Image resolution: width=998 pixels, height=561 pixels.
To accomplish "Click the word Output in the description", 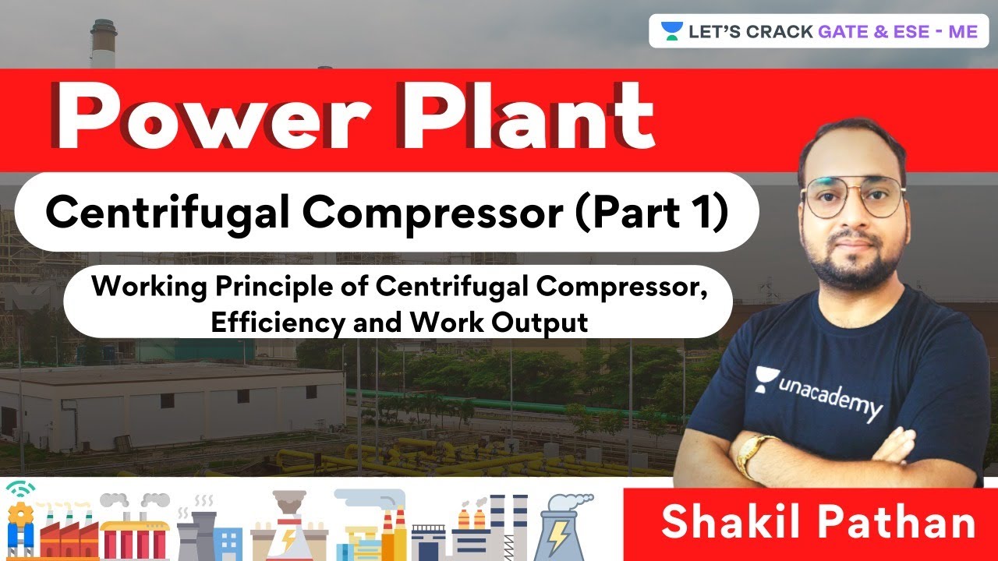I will tap(539, 321).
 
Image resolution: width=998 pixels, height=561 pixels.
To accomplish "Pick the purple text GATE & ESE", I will tap(873, 32).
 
